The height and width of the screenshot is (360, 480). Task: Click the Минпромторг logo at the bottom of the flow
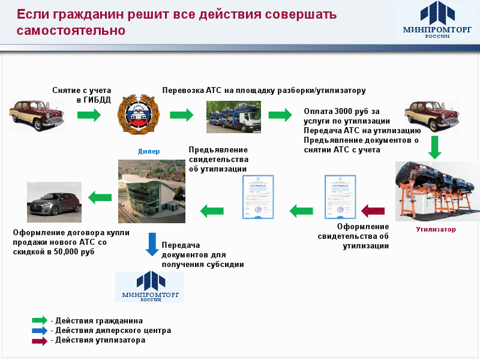pos(149,286)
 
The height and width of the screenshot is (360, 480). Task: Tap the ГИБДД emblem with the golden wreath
pos(139,115)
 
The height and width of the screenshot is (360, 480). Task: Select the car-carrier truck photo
pos(229,116)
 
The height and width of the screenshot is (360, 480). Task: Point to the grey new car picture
pos(53,202)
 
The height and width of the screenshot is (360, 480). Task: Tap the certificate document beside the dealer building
pos(258,197)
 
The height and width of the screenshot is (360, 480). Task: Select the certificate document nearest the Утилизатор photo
pos(340,197)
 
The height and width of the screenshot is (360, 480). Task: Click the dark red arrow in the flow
pos(373,210)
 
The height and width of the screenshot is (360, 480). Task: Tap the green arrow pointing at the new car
pos(100,196)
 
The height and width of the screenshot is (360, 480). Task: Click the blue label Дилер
pos(149,152)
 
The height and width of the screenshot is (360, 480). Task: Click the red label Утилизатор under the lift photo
pos(436,229)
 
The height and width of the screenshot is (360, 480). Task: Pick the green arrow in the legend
pos(40,320)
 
